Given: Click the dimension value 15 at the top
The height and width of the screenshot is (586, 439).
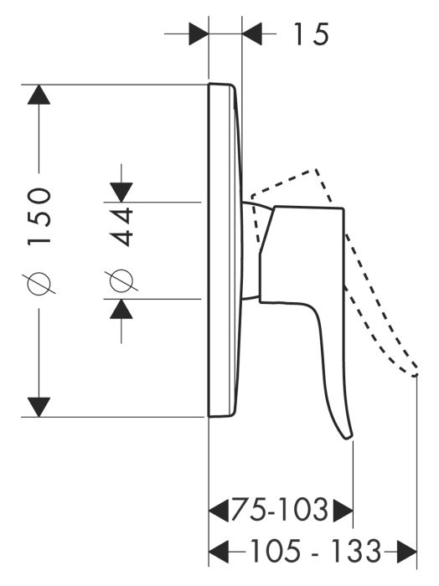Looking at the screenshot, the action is point(311,34).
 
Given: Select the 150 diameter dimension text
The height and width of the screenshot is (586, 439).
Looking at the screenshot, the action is point(39,216).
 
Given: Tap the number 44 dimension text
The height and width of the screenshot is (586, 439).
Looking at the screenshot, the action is point(121,227).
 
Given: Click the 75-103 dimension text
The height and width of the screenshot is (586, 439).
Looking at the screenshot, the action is point(279,509).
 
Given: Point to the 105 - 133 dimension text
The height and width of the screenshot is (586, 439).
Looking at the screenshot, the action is point(315,551).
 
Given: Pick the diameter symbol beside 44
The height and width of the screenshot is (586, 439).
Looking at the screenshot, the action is point(121,280).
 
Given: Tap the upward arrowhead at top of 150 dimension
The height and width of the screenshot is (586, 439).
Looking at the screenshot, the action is point(39,95).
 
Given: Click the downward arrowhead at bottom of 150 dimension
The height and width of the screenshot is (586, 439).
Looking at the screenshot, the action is point(39,407).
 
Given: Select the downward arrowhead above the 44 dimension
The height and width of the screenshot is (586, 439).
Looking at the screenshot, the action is point(121,193).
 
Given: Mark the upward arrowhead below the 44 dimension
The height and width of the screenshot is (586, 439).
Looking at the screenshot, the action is point(121,309).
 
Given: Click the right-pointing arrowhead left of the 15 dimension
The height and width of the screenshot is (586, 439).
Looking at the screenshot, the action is point(199,34).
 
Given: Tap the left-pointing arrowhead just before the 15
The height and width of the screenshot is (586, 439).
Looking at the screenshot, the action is point(251,34).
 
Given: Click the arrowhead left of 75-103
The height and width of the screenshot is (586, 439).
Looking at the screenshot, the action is point(219,510).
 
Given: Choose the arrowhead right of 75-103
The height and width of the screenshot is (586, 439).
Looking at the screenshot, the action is point(343,510).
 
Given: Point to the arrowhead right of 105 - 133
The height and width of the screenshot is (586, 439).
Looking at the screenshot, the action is point(407,551).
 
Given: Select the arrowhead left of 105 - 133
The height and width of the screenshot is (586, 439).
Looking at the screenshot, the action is point(219,551).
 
